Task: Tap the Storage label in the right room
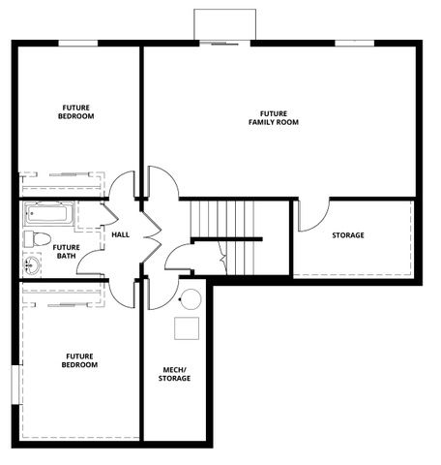pyautogui.click(x=348, y=235)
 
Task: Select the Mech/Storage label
pyautogui.click(x=176, y=374)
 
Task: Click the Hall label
pyautogui.click(x=121, y=234)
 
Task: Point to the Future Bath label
pyautogui.click(x=67, y=252)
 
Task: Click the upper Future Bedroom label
pyautogui.click(x=77, y=112)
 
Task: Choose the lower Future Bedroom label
pyautogui.click(x=80, y=360)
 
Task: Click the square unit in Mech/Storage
pyautogui.click(x=188, y=328)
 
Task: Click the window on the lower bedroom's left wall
pyautogui.click(x=14, y=383)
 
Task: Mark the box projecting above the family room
pyautogui.click(x=224, y=24)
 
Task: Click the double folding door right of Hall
pyautogui.click(x=151, y=234)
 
